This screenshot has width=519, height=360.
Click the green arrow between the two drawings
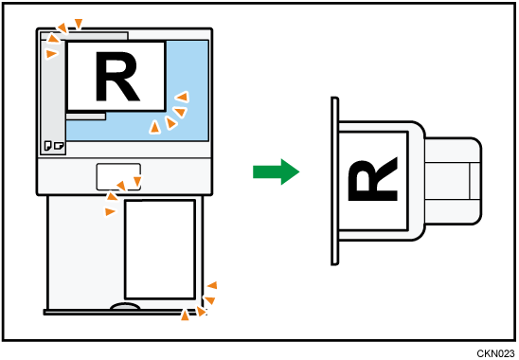pos(276,171)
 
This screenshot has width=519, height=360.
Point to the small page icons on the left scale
pos(53,146)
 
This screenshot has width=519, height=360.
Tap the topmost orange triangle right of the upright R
pos(184,96)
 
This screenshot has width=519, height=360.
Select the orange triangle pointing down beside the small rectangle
pos(137,180)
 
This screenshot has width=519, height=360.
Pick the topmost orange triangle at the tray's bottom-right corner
pos(212,284)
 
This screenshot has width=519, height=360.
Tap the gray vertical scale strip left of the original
pos(52,95)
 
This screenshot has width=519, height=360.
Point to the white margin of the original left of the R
pos(76,76)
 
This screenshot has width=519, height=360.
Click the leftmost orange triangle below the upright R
pos(153,126)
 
